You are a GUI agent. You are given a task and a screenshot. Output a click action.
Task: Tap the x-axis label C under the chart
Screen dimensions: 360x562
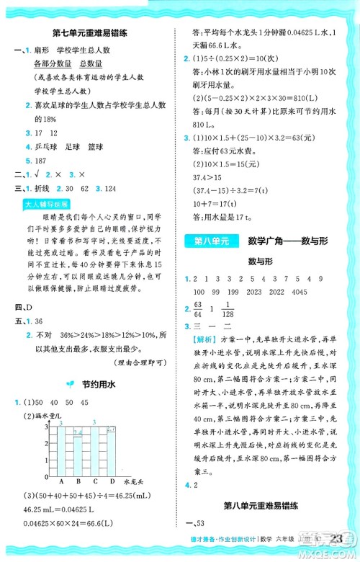point(94,481)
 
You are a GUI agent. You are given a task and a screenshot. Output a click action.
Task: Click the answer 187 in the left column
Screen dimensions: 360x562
point(35,160)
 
